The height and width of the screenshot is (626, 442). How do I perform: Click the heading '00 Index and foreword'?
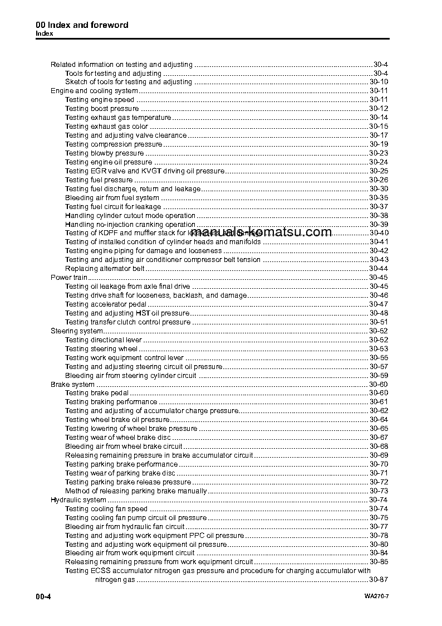[82, 25]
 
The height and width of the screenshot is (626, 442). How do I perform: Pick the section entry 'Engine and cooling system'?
[94, 91]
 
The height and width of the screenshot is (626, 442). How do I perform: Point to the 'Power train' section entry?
[70, 278]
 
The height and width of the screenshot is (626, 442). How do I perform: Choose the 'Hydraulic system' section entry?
[78, 500]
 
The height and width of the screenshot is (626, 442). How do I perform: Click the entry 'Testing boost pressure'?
[102, 109]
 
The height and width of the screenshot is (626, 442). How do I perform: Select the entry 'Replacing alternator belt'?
[105, 269]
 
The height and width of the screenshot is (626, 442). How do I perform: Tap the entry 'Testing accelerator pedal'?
[106, 304]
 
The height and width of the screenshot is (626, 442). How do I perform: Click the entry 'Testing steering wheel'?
[101, 349]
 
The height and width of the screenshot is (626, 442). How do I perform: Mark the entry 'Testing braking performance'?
[111, 402]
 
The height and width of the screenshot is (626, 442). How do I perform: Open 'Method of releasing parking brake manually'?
[136, 491]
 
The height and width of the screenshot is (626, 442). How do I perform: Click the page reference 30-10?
[379, 82]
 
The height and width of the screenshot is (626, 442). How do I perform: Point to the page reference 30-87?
[379, 580]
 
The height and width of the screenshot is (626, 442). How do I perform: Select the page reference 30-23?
[379, 153]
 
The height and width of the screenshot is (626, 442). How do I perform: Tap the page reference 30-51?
[379, 322]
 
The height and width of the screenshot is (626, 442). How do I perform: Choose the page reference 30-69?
[379, 455]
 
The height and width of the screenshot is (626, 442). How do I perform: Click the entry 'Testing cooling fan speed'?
[106, 509]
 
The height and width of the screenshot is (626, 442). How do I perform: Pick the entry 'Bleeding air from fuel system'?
[112, 198]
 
